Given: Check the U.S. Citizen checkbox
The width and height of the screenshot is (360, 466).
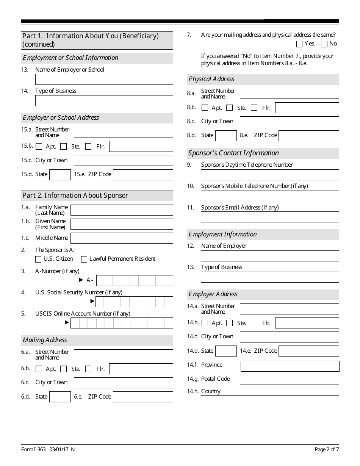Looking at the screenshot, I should tap(38, 259).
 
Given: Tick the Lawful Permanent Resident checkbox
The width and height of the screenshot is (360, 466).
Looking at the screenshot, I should tap(84, 259).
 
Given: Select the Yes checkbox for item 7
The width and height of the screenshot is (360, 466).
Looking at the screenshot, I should tap(299, 44).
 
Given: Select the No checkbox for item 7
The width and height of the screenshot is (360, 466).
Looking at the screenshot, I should tap(324, 44).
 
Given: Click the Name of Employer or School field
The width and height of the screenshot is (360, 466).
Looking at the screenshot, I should tap(104, 79).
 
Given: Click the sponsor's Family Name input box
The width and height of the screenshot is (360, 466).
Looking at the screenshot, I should tap(122, 210).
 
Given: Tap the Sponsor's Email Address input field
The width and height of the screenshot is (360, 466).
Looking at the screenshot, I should tap(270, 217).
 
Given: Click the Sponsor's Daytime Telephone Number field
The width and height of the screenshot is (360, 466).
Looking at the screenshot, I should tap(270, 175).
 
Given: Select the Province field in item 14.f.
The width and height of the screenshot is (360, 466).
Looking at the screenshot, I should tap(290, 366).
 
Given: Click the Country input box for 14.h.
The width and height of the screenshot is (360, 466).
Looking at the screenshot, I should tap(270, 401).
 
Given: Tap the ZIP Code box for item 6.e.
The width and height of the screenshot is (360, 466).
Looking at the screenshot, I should tap(143, 397).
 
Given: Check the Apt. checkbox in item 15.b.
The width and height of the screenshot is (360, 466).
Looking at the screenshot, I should tap(39, 147).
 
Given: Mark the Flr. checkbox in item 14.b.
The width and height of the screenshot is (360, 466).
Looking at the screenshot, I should tap(254, 323).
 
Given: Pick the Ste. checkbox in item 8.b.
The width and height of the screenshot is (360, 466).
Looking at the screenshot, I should tap(229, 108).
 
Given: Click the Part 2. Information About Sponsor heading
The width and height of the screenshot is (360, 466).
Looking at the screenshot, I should tap(97, 195).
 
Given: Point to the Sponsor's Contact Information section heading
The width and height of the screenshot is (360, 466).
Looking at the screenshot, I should tap(233, 153).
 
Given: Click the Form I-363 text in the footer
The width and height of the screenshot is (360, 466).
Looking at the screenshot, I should tap(33, 449).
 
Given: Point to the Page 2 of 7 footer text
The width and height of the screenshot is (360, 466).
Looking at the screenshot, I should tap(327, 449).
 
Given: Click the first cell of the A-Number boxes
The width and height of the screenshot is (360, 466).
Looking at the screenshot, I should tap(100, 280).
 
